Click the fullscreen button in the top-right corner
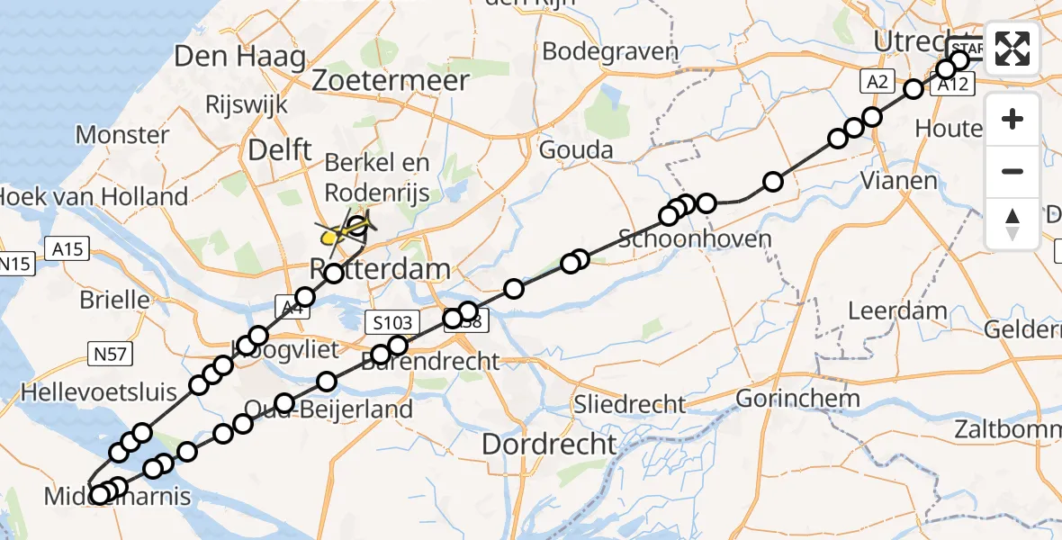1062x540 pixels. [1012, 49]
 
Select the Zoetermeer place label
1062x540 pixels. [391, 81]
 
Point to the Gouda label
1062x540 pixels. [576, 149]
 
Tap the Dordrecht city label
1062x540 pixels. [549, 444]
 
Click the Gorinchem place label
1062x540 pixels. [797, 398]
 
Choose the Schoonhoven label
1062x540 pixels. [695, 239]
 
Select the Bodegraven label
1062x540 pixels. [610, 51]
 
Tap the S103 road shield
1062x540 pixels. [390, 321]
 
